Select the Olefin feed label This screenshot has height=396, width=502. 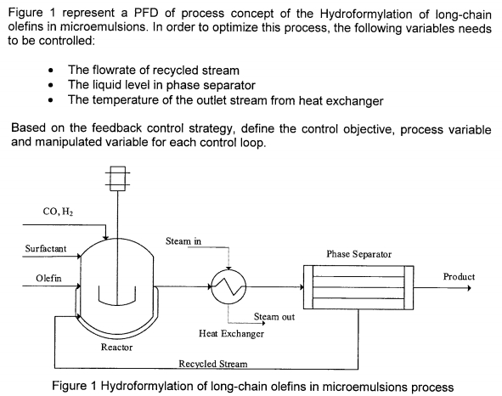[x=49, y=278]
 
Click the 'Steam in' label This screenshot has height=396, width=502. [x=183, y=241]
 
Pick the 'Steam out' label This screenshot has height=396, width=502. [x=273, y=317]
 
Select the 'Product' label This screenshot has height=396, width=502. [x=459, y=277]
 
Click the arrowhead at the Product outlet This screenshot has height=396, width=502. [x=466, y=286]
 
